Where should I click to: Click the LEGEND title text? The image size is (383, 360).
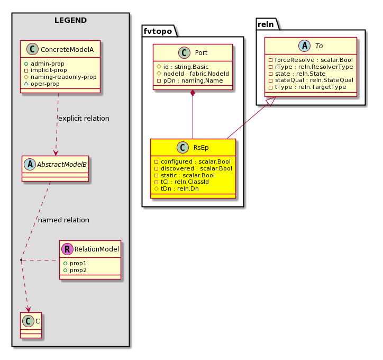point(70,20)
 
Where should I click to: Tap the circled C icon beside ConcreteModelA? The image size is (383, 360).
point(32,49)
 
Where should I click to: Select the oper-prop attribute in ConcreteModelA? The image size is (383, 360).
point(45,84)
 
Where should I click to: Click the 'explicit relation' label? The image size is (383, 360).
point(84,118)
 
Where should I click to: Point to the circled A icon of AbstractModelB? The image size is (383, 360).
point(30,165)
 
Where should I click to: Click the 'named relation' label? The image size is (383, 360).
point(63,220)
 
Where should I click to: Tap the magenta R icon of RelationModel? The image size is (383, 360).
point(67,249)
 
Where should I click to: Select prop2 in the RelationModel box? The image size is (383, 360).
point(78,271)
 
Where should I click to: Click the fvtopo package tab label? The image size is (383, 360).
point(158,31)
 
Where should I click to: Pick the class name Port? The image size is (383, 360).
point(201,53)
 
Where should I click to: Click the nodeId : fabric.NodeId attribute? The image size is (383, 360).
point(196,74)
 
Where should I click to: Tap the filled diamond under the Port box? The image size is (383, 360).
point(193,93)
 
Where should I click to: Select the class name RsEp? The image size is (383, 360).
point(201,148)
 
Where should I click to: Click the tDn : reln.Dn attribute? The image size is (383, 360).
point(179,188)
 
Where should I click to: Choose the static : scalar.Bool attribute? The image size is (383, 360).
point(188,175)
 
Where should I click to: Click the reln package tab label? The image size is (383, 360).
point(266,24)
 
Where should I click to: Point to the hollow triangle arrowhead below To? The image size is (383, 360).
point(271,101)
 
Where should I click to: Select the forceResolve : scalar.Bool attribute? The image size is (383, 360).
point(314,60)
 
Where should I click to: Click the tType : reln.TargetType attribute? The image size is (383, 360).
point(311,87)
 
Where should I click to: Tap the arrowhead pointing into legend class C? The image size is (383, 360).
point(29,309)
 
